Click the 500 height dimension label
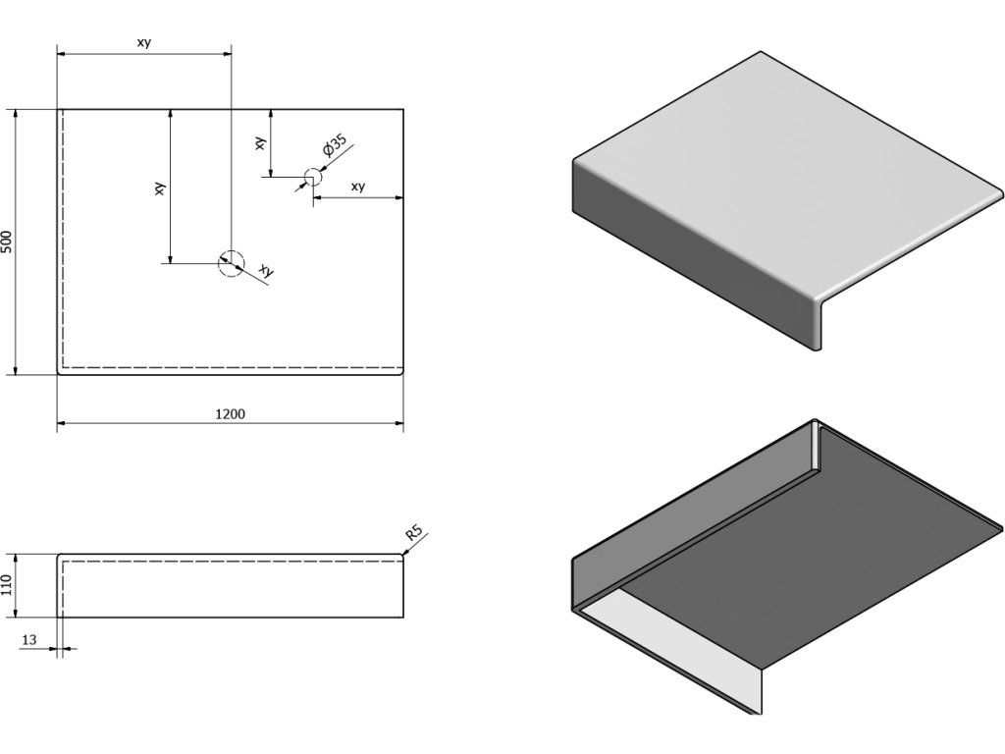[8, 242]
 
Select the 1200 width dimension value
[230, 413]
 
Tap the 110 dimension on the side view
[8, 586]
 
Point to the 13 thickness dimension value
[28, 640]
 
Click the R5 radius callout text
[414, 535]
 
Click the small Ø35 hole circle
[312, 178]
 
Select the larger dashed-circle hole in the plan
[230, 262]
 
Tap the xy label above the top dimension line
[143, 42]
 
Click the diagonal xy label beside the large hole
[265, 270]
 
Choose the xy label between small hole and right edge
[357, 187]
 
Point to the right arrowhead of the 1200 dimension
[400, 424]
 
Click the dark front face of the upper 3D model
[687, 255]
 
